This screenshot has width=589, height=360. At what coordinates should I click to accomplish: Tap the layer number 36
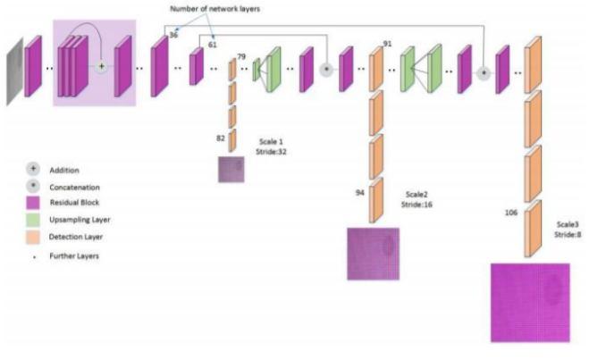point(173,35)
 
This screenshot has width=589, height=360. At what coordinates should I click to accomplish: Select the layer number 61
point(212,44)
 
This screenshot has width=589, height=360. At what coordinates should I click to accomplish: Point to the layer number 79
point(241,57)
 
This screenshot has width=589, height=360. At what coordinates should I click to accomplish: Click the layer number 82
point(220,138)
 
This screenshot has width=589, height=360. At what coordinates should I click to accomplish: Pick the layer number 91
point(387,43)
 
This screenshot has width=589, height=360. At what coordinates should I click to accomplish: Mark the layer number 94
point(358,191)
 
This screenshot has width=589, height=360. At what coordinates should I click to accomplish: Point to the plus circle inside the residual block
point(101,66)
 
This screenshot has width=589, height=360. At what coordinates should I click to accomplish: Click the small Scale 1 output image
point(231,169)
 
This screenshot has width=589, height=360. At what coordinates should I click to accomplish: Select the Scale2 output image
point(373,254)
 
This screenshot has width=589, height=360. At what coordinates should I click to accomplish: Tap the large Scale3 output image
point(529,302)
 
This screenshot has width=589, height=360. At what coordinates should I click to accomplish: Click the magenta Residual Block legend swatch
point(34,204)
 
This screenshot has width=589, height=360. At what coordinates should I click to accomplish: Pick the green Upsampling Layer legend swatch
point(34,220)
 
